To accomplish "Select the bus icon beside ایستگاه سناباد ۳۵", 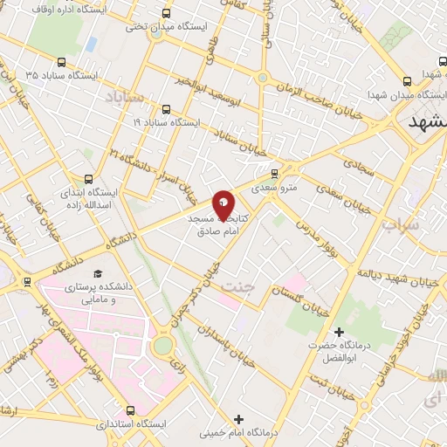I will (61, 62).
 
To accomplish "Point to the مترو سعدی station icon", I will (275, 173).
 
